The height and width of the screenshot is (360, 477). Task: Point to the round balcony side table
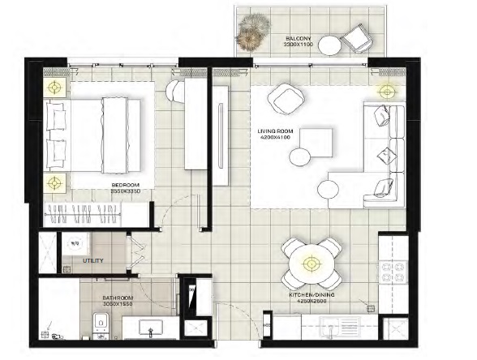327,46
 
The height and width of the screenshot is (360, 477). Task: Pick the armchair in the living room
285,98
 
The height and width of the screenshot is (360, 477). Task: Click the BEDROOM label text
126,188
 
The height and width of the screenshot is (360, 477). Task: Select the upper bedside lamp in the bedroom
54,88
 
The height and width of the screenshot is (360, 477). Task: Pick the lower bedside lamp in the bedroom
54,182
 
